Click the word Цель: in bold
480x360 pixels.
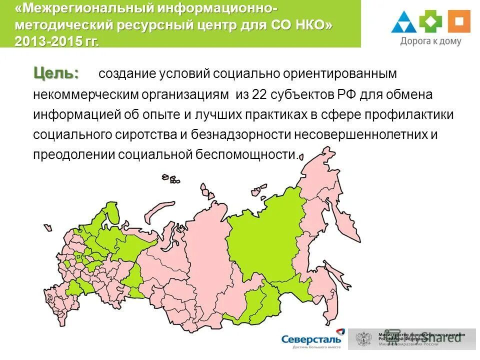[x=56, y=73]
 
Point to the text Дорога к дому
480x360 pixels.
[x=430, y=42]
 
